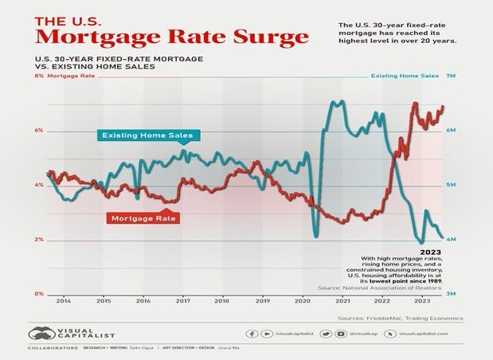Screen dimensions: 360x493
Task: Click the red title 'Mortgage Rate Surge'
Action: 172,37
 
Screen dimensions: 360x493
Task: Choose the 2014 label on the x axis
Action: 64,303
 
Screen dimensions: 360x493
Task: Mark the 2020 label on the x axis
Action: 303,303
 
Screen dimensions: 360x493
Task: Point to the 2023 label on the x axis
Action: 422,303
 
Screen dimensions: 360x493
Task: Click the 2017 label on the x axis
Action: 183,303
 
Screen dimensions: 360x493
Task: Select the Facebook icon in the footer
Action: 252,334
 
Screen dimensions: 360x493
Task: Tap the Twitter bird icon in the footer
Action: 327,334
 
